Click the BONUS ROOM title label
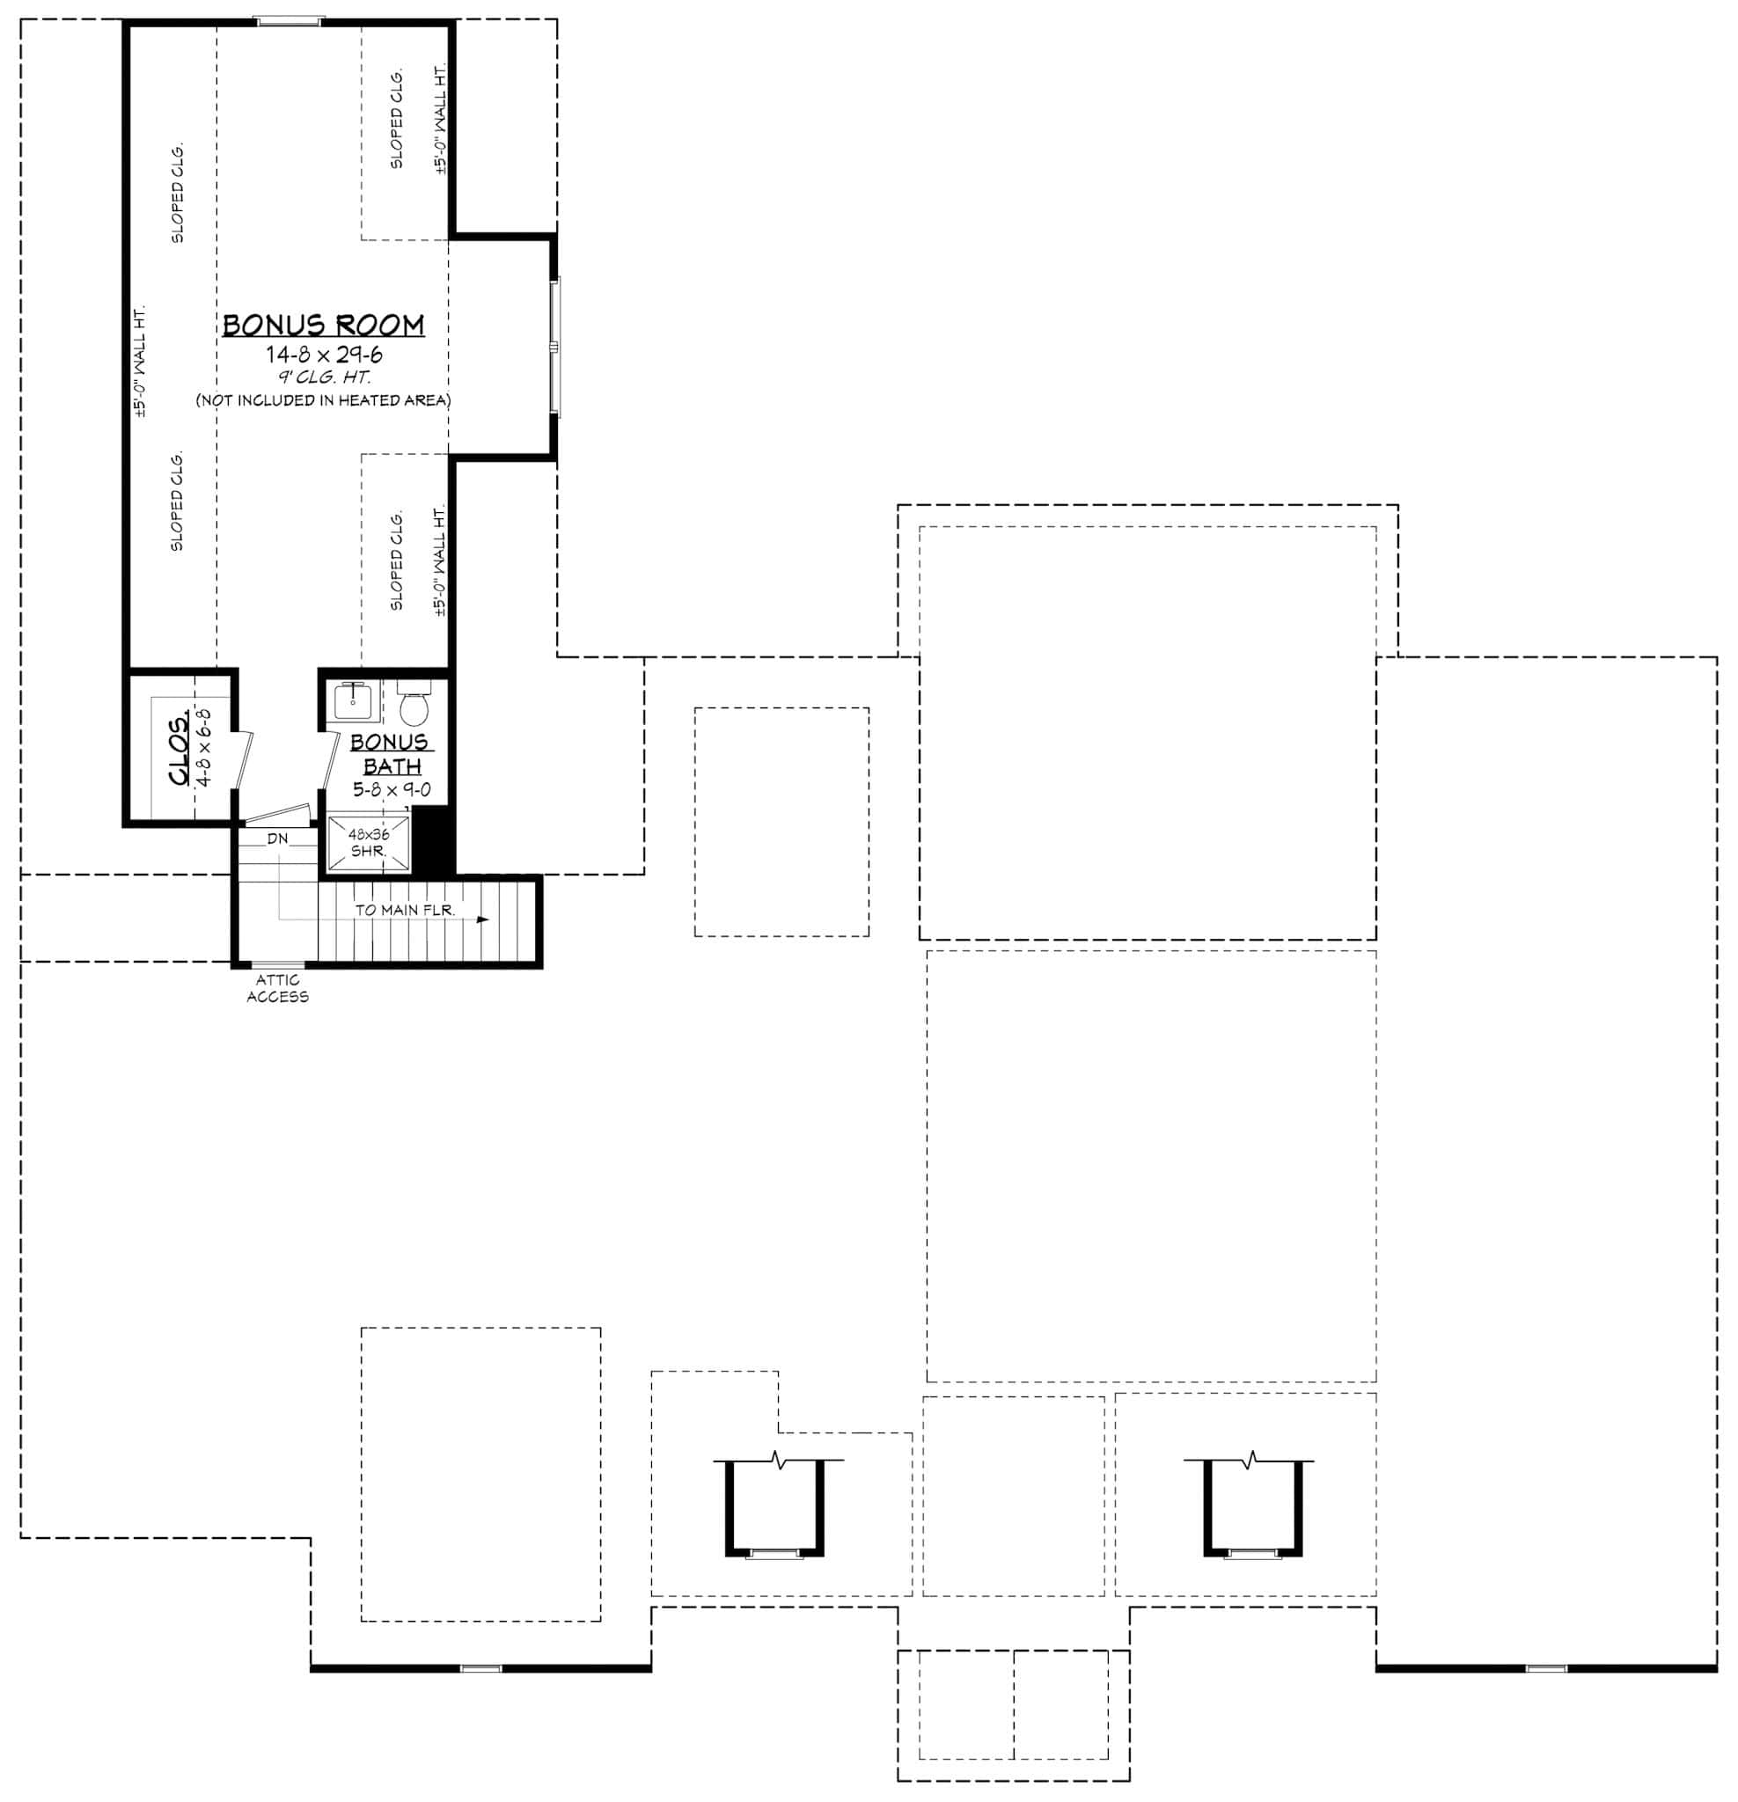click(323, 326)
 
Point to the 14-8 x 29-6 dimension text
click(324, 355)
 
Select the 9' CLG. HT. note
click(325, 377)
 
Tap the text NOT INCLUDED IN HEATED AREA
click(323, 400)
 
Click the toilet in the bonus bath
click(414, 708)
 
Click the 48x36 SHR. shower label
click(368, 842)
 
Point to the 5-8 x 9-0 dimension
click(392, 790)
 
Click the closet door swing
click(243, 758)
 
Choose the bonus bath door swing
click(328, 758)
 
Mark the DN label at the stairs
click(277, 839)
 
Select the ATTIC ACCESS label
click(277, 988)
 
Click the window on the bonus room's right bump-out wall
click(554, 346)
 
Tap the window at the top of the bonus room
click(289, 20)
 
